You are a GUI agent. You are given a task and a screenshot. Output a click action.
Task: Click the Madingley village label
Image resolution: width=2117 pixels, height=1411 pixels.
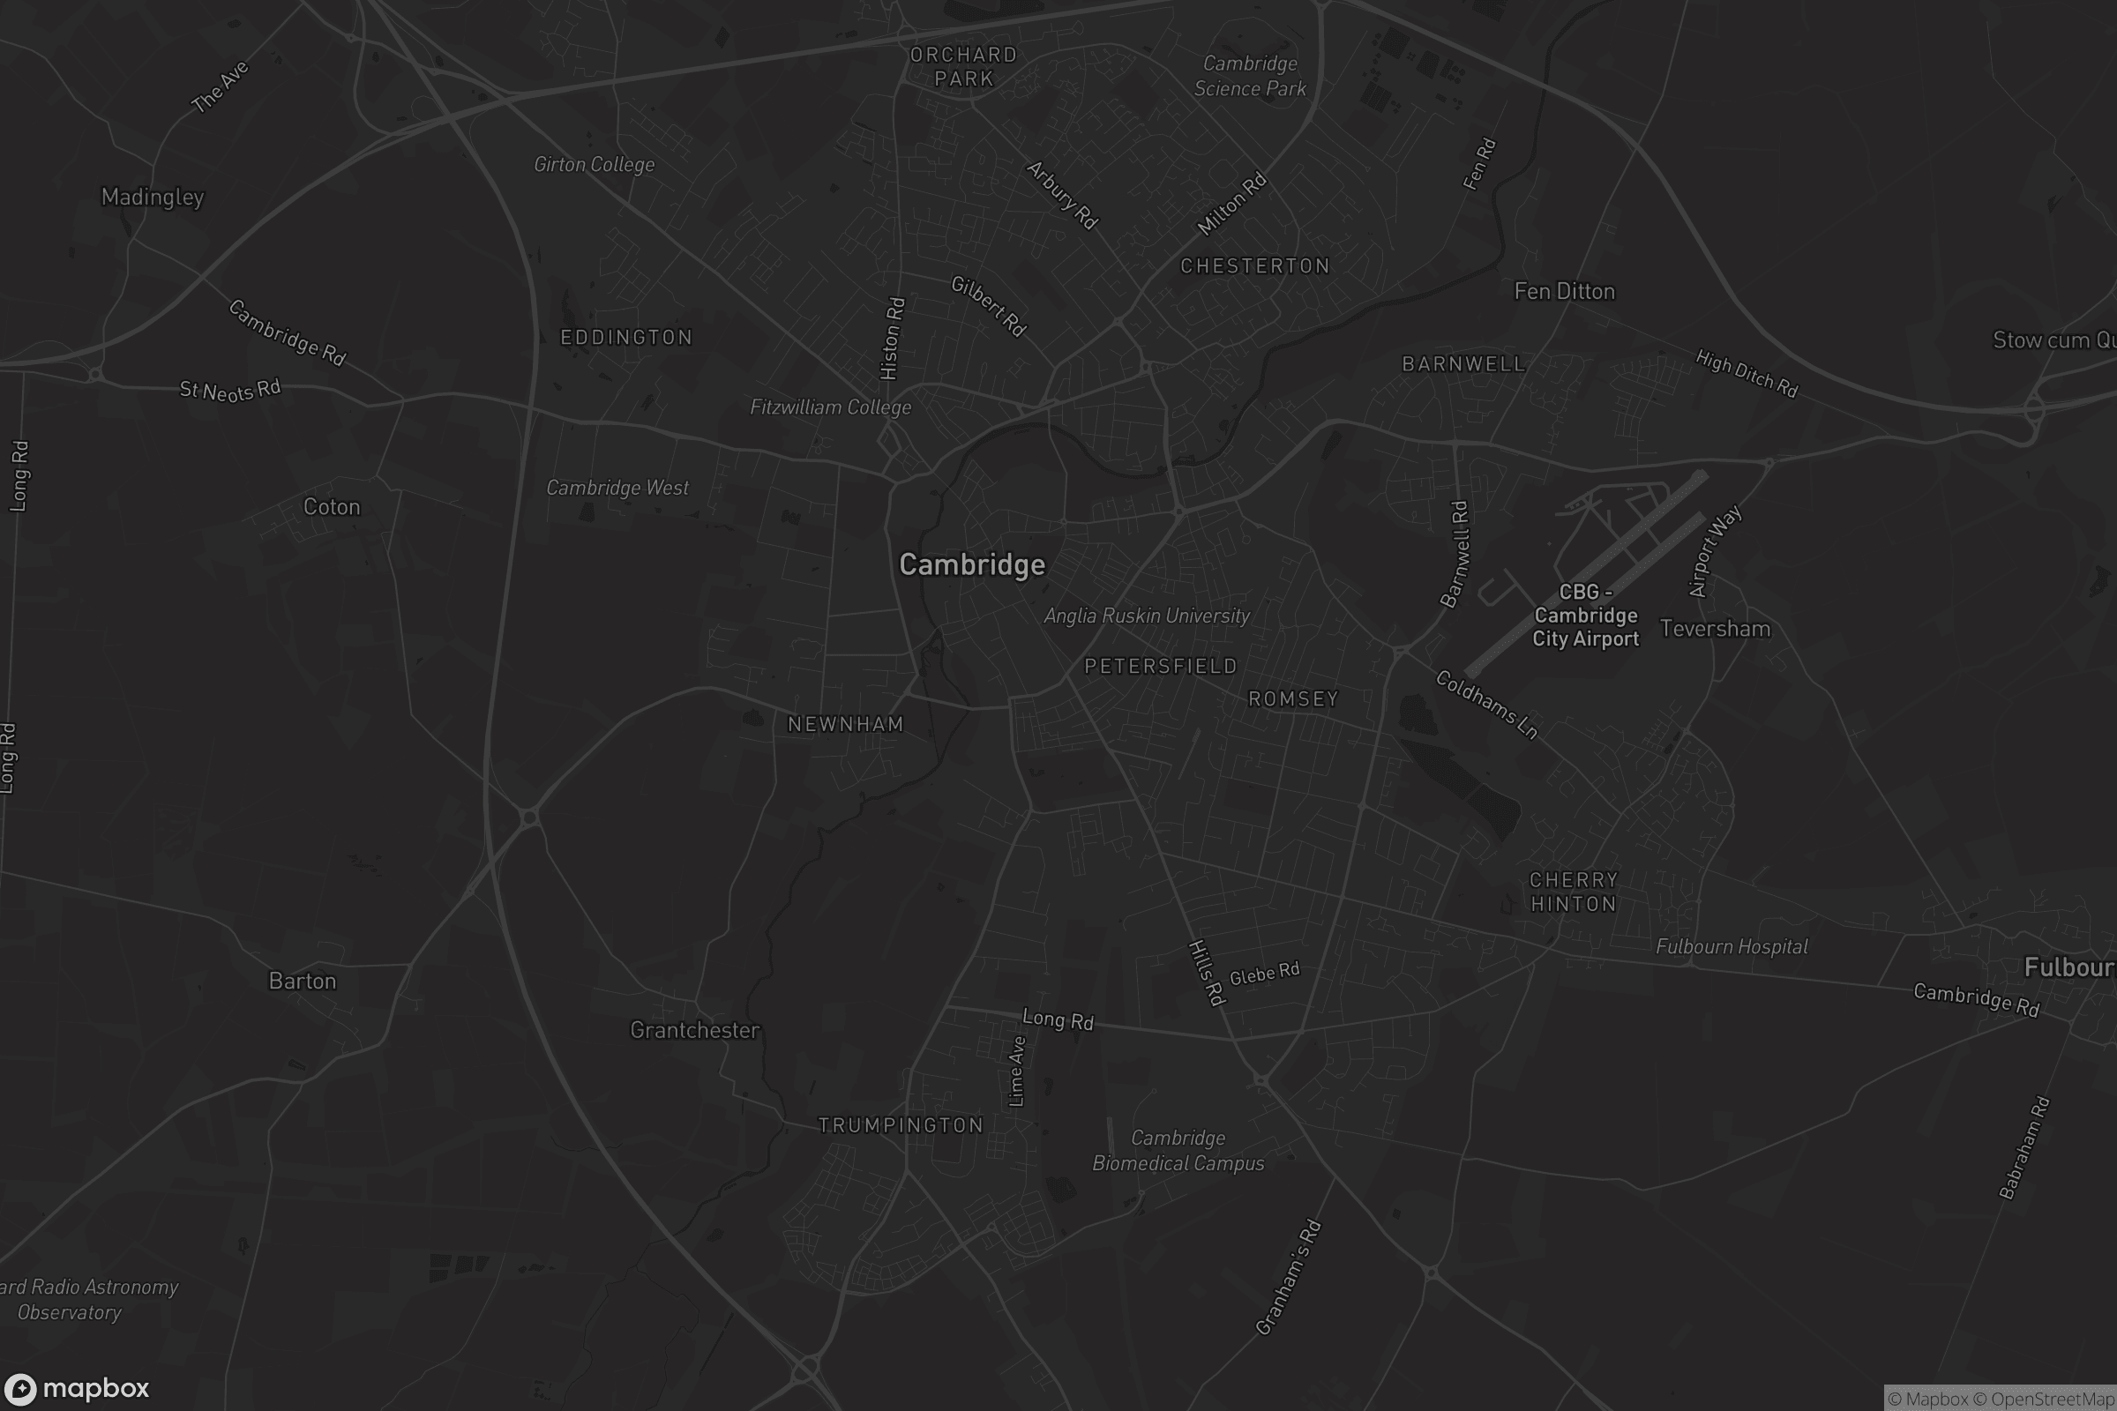[x=152, y=197]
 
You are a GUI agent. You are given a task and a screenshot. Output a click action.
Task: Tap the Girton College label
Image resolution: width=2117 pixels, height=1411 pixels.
[x=594, y=165]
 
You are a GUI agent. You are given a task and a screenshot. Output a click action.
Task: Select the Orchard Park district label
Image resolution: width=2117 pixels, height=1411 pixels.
[x=963, y=67]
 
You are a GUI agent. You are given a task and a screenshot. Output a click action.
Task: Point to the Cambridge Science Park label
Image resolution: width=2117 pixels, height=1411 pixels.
[x=1250, y=76]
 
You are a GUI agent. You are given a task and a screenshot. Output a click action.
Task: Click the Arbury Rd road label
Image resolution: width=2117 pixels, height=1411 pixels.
[x=1062, y=195]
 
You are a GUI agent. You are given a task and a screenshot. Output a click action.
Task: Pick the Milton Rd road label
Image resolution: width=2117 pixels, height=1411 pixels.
[x=1231, y=205]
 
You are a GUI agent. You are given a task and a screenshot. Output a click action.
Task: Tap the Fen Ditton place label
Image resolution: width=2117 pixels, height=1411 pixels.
[x=1564, y=292]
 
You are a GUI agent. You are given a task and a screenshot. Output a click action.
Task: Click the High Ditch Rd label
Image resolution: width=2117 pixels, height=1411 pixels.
[x=1747, y=373]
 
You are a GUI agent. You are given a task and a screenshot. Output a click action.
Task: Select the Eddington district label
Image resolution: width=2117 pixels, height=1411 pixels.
[x=626, y=338]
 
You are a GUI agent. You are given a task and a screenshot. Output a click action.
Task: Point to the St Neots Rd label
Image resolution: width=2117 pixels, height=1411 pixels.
[x=229, y=390]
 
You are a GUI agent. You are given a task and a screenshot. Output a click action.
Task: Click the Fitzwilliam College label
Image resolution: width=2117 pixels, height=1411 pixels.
[x=831, y=407]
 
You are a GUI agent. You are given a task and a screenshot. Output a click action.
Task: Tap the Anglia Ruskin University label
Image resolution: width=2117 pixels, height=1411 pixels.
[x=1147, y=616]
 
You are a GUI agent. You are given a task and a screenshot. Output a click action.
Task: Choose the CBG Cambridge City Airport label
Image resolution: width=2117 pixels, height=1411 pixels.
[x=1586, y=616]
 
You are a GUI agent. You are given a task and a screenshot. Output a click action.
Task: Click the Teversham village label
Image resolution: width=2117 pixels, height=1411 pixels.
[x=1715, y=629]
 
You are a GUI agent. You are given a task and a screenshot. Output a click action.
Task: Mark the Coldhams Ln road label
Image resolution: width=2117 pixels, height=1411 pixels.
[x=1486, y=705]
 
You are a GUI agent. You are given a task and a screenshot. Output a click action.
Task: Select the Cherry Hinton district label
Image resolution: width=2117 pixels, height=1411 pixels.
[x=1574, y=892]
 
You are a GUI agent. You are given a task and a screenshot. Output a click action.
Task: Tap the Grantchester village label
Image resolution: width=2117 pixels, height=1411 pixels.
[x=695, y=1030]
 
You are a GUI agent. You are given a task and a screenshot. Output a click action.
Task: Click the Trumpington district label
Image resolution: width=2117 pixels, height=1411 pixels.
[x=900, y=1125]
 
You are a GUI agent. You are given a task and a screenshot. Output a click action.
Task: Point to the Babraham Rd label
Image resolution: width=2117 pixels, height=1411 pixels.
[x=2024, y=1147]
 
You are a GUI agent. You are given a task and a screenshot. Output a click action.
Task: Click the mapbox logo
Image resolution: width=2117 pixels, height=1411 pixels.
[x=76, y=1388]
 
